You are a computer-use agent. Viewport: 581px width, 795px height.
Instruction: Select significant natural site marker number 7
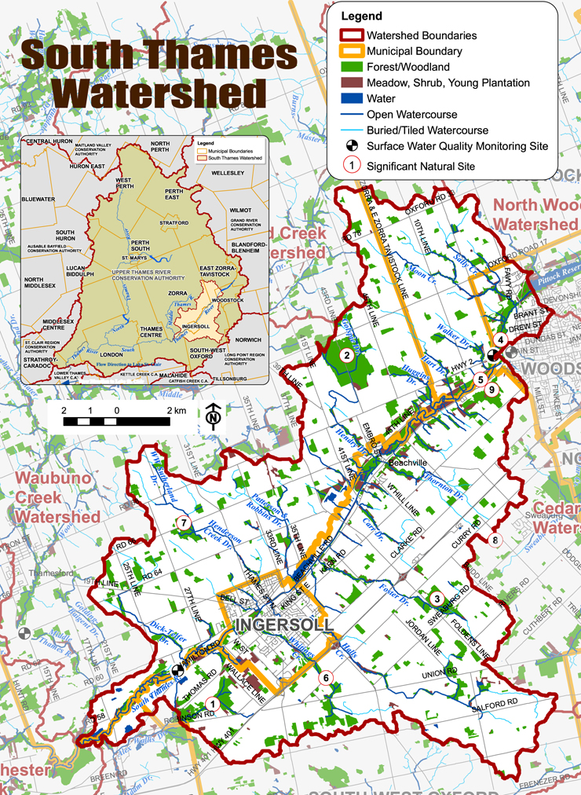(x=183, y=522)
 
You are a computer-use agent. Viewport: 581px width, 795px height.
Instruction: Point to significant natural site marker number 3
(x=437, y=599)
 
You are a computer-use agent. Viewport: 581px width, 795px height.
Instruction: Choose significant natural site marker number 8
(x=495, y=539)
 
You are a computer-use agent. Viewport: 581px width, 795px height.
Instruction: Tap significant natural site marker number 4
(x=499, y=339)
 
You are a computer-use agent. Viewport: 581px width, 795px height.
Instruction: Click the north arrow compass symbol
(x=214, y=416)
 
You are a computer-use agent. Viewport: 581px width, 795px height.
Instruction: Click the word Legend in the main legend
(x=362, y=16)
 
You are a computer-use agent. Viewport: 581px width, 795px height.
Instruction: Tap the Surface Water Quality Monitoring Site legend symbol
(x=351, y=146)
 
